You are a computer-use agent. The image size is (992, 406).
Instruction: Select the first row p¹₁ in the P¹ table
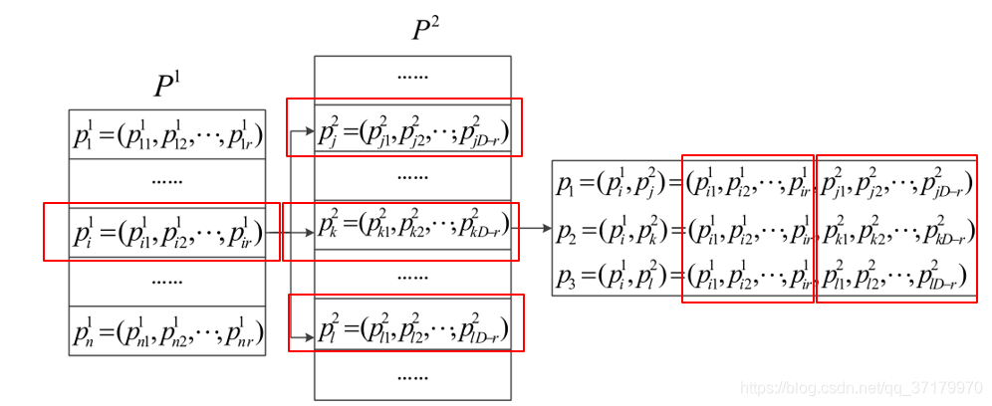click(167, 136)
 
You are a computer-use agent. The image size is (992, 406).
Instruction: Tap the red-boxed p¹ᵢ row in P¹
click(167, 233)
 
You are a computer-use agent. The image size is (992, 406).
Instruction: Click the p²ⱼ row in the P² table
click(413, 129)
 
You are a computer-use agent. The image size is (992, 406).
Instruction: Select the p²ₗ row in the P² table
click(413, 325)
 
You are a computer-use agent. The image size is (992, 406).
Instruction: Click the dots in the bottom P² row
click(412, 377)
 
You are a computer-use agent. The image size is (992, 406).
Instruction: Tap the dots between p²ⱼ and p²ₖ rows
click(412, 177)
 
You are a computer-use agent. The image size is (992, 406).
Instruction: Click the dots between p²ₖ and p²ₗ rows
click(412, 275)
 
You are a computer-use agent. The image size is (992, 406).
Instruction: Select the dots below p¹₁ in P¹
click(167, 183)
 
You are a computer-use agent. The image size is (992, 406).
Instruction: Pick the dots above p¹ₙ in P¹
click(167, 282)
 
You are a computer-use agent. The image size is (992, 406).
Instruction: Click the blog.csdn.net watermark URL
click(864, 385)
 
